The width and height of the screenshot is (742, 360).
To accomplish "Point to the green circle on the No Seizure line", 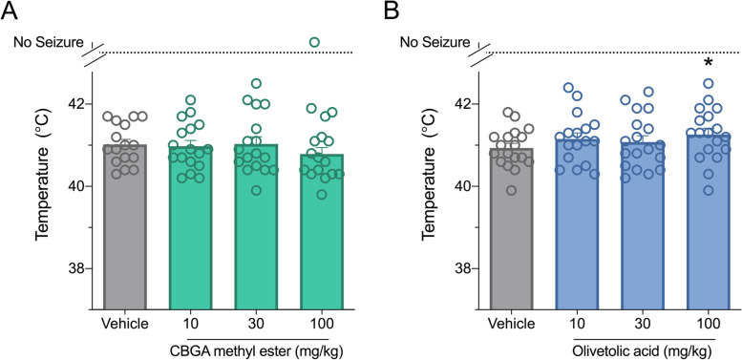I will [314, 42].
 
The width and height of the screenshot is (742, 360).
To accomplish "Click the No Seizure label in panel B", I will [435, 42].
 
